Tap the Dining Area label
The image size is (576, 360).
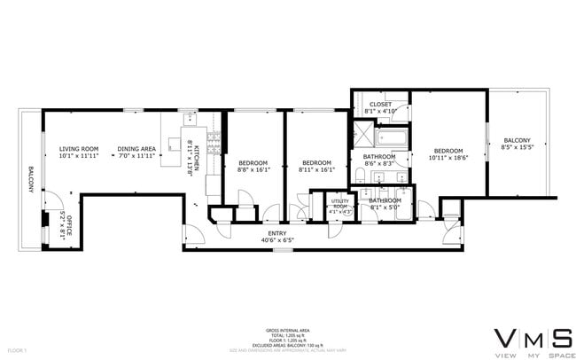click(137, 152)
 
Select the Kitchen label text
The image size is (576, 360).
click(192, 158)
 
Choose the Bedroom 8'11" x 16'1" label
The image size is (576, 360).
click(316, 166)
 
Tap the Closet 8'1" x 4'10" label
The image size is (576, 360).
click(380, 108)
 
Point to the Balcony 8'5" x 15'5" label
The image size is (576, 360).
click(517, 145)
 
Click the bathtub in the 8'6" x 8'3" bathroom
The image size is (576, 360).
click(391, 137)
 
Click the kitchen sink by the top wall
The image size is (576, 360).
click(191, 117)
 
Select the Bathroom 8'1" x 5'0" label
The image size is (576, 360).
click(385, 204)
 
